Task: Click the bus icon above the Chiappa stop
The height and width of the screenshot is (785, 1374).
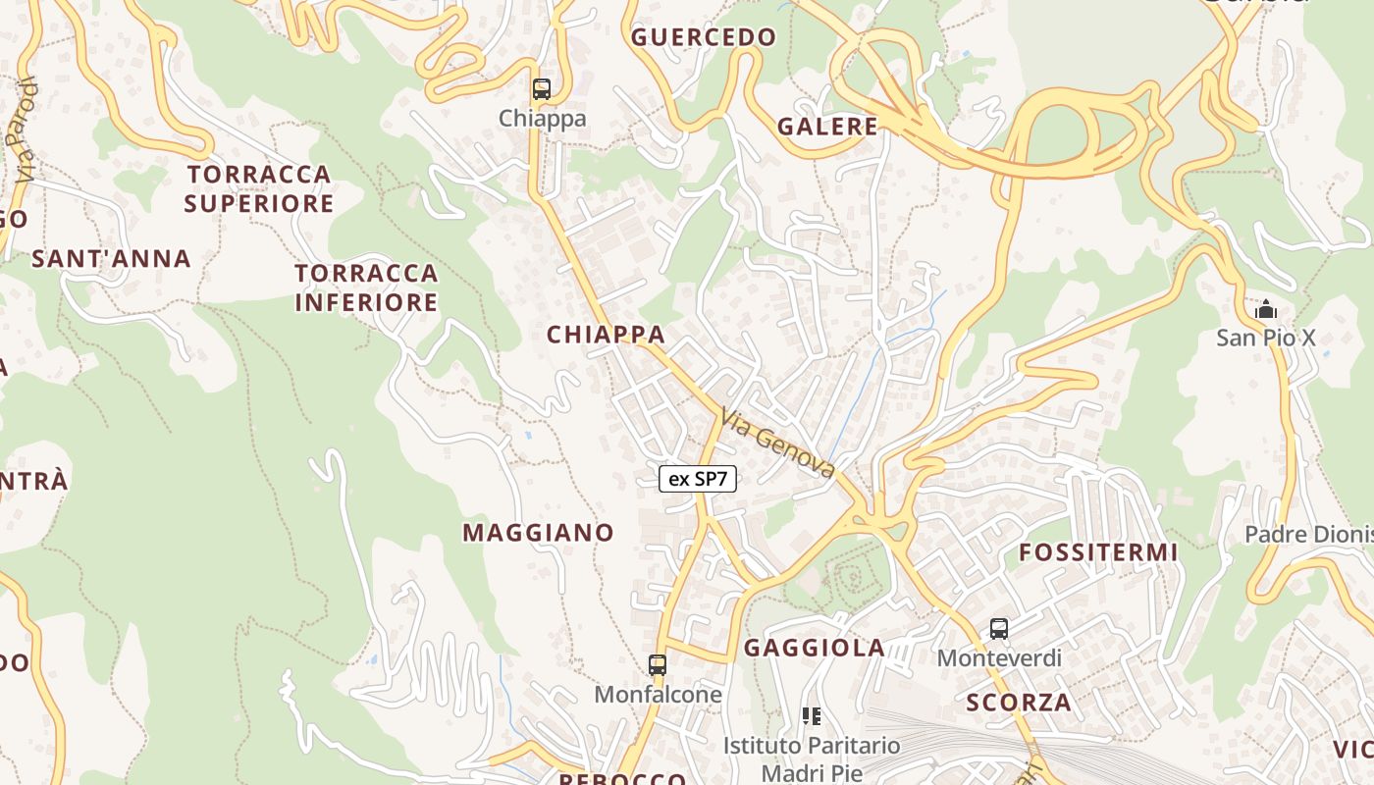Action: click(541, 89)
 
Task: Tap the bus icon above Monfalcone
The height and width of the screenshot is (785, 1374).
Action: click(658, 664)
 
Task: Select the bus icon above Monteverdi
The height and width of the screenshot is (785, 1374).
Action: click(999, 629)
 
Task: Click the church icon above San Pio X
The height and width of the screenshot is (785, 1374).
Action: click(1266, 310)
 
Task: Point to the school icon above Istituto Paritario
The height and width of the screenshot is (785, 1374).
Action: click(811, 716)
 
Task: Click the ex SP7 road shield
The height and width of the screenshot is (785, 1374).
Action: click(698, 479)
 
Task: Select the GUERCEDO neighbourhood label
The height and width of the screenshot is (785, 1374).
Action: click(704, 37)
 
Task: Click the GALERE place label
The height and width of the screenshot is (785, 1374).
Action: click(827, 126)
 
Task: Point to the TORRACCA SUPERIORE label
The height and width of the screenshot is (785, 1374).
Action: click(259, 188)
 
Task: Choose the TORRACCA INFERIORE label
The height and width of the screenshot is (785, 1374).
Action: click(366, 287)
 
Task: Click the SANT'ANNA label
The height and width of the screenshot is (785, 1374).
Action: click(111, 259)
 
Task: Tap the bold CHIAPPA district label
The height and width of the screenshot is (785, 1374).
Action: click(606, 335)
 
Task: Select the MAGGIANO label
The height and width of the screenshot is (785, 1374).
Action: click(539, 533)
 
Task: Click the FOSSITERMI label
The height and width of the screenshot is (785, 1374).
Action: click(1098, 552)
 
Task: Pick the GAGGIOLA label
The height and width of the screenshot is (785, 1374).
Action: click(815, 648)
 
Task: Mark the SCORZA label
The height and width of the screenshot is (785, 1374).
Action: click(1019, 703)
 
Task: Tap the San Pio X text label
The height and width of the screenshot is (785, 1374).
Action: click(1266, 339)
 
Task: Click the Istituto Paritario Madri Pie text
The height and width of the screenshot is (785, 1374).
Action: click(812, 759)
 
